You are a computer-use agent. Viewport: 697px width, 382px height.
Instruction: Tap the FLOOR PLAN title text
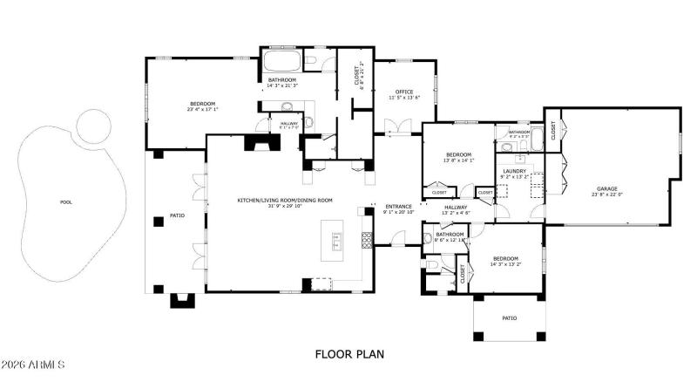(x=348, y=355)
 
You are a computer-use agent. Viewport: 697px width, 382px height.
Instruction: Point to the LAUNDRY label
(x=515, y=172)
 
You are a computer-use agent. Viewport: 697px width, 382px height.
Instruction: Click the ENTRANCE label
(x=398, y=207)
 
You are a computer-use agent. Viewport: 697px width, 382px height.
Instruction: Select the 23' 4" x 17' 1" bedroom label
(x=201, y=106)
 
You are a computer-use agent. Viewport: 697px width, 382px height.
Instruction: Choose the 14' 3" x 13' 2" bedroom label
(x=505, y=261)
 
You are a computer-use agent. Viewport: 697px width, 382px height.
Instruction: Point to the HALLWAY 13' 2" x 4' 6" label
(x=456, y=209)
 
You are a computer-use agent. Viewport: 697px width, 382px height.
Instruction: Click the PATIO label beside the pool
(x=177, y=215)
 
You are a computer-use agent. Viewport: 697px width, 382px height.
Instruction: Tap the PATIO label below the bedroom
(x=510, y=318)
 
